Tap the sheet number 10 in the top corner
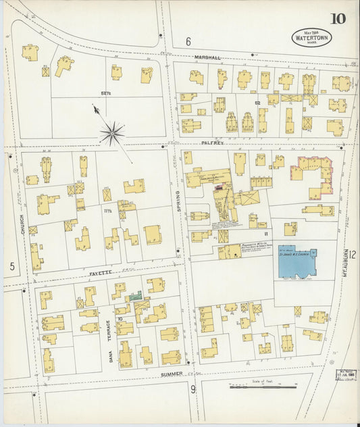click(x=338, y=18)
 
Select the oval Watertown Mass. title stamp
click(x=311, y=38)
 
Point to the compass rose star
click(x=112, y=132)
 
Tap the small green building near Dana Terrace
click(x=136, y=296)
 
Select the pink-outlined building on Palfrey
click(x=314, y=174)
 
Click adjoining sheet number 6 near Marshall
click(x=188, y=42)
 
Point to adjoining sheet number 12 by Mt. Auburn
click(x=352, y=254)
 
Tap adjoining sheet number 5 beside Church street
click(x=11, y=266)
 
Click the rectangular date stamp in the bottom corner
click(x=346, y=373)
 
